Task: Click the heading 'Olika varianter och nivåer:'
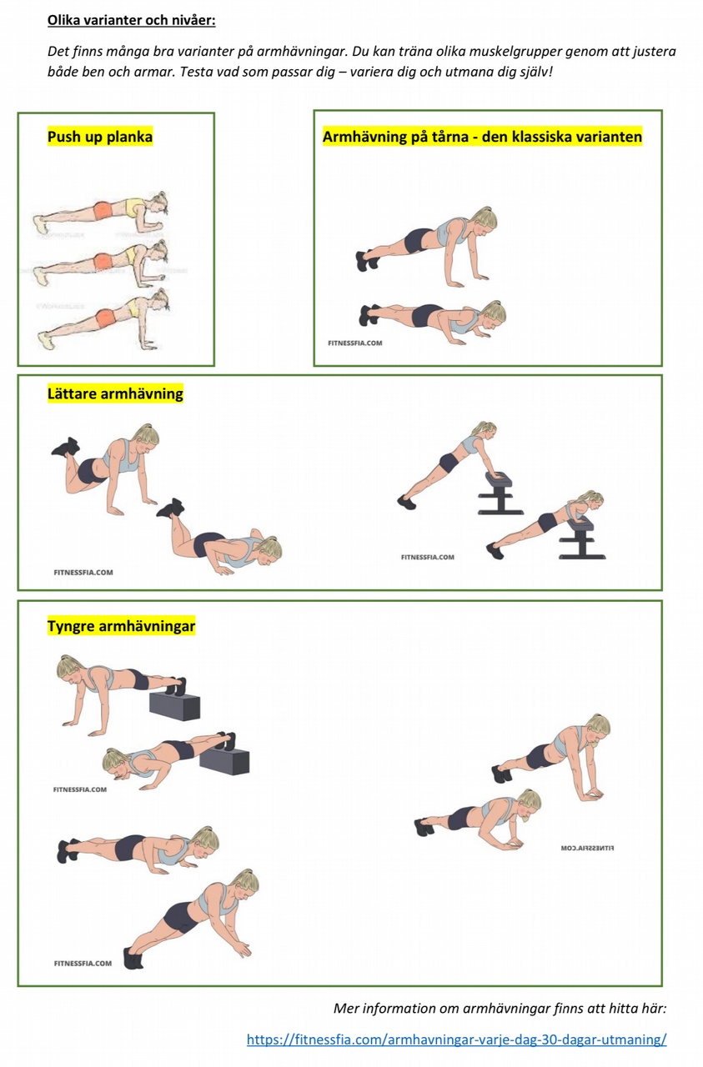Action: pyautogui.click(x=132, y=21)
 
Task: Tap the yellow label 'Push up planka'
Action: pyautogui.click(x=100, y=138)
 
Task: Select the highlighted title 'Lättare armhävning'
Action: pyautogui.click(x=115, y=394)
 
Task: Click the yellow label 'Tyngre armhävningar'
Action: pyautogui.click(x=122, y=626)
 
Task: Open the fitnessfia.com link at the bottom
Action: pyautogui.click(x=457, y=1039)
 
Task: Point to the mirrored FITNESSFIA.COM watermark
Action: pyautogui.click(x=588, y=849)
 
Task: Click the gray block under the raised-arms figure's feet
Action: pyautogui.click(x=175, y=706)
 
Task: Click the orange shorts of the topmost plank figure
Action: pyautogui.click(x=103, y=211)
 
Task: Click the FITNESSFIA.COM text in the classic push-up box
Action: pyautogui.click(x=355, y=343)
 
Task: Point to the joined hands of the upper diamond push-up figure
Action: pyautogui.click(x=590, y=793)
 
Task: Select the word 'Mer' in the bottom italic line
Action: pyautogui.click(x=344, y=1009)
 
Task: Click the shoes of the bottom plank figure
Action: pyautogui.click(x=47, y=340)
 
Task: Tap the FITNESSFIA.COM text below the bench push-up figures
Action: pyautogui.click(x=428, y=557)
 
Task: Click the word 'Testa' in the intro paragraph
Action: pyautogui.click(x=196, y=73)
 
